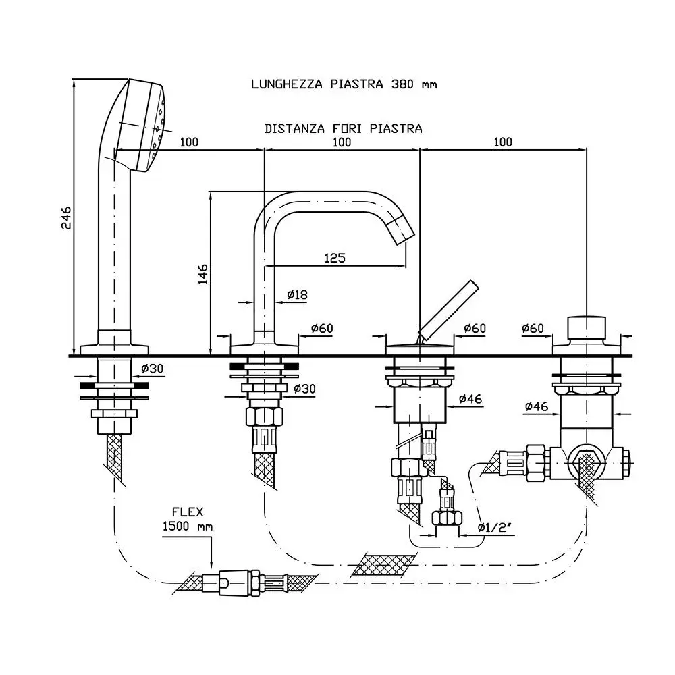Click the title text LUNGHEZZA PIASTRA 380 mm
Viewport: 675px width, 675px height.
(x=344, y=84)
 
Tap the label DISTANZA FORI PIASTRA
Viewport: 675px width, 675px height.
(x=343, y=128)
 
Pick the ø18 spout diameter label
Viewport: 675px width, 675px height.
(x=297, y=294)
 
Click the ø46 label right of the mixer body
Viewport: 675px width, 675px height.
(x=470, y=399)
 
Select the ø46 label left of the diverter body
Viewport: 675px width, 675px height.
(x=537, y=406)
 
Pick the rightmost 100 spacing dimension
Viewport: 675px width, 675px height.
(x=502, y=142)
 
